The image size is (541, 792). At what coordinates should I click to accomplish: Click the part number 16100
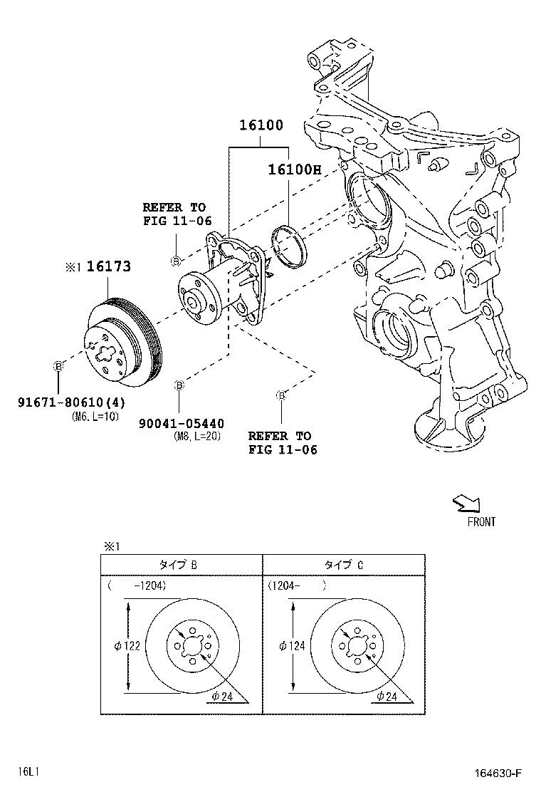261,126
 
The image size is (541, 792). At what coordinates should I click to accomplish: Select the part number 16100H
295,170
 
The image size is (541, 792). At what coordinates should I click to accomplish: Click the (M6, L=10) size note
95,417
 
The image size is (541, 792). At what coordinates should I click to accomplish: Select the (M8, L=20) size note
196,436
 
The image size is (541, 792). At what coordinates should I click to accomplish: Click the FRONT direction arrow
467,505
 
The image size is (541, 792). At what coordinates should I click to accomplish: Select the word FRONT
481,522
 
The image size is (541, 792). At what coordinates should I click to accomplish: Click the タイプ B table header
178,565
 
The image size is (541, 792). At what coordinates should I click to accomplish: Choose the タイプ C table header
344,565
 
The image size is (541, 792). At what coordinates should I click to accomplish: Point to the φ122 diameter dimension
126,646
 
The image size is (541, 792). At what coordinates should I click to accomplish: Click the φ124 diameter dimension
292,646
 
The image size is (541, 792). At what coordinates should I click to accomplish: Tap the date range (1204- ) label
297,586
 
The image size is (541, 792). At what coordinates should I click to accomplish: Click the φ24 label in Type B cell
222,696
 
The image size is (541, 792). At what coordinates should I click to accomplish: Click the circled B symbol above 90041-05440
179,385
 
